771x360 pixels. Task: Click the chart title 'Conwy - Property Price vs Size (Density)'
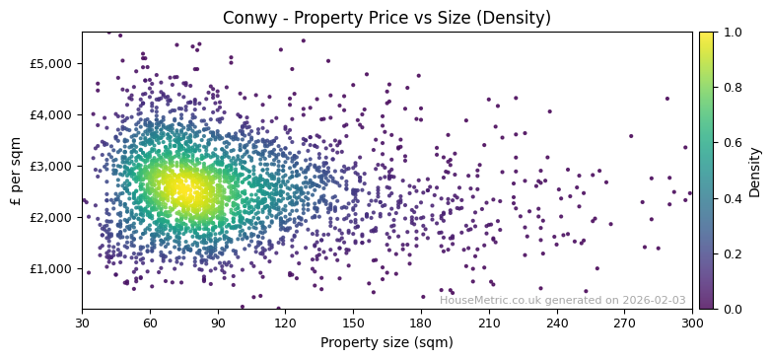[x=386, y=18]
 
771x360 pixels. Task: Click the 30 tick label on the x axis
[x=82, y=323]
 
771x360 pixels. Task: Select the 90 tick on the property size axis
[x=218, y=323]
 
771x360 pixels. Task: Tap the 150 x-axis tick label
[x=353, y=323]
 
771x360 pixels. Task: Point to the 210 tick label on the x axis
[x=489, y=323]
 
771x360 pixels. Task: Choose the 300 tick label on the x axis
[x=692, y=323]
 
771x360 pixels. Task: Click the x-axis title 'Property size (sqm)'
[x=386, y=342]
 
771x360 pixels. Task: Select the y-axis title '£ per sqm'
[x=17, y=171]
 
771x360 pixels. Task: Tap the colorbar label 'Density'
[x=754, y=171]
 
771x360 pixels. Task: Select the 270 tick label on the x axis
[x=624, y=323]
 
